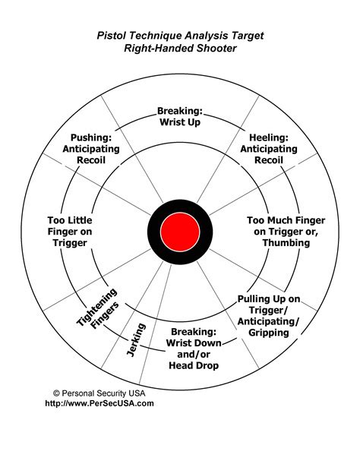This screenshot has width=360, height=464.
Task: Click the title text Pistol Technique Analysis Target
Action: [x=180, y=35]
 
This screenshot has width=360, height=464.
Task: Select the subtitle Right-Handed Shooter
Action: [x=180, y=48]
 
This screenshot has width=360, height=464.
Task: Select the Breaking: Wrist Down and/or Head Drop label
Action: [x=194, y=349]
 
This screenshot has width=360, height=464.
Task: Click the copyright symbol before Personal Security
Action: [x=56, y=393]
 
